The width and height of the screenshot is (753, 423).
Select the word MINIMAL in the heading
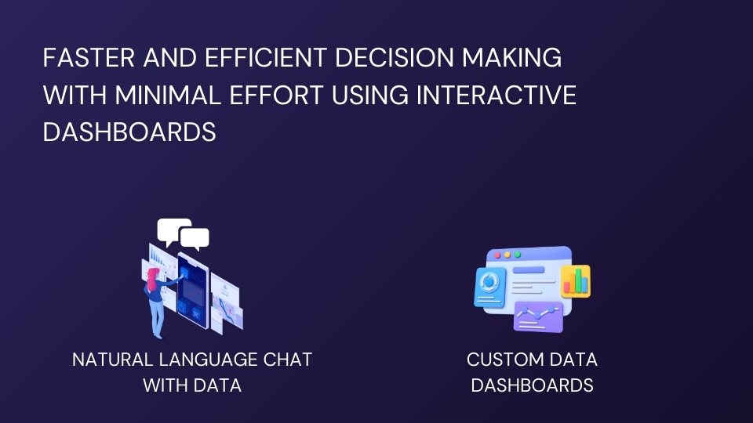pos(168,95)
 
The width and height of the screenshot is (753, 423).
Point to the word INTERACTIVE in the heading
pos(496,95)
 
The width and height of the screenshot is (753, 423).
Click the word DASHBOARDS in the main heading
pos(129,132)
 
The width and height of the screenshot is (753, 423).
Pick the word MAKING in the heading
pos(511,57)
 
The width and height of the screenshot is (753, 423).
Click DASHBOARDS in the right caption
pos(532,385)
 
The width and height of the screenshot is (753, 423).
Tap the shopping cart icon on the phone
pos(196,313)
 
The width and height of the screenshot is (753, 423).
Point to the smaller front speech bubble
pos(195,238)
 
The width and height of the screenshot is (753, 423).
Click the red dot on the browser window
pos(497,255)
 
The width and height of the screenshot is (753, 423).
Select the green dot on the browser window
pos(518,255)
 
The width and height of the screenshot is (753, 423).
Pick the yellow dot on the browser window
pos(507,255)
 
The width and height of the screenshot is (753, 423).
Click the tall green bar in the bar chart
pos(579,280)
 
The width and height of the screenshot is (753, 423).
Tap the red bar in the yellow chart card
pos(566,287)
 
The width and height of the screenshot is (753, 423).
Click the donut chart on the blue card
pos(489,281)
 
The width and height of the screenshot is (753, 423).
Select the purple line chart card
pos(538,316)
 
